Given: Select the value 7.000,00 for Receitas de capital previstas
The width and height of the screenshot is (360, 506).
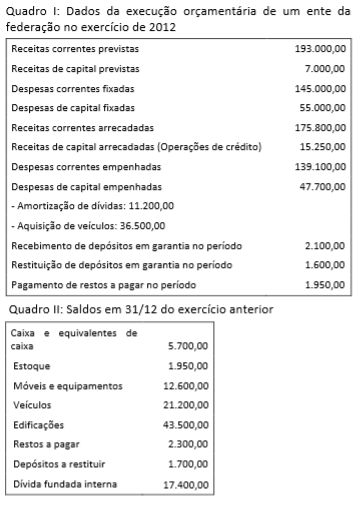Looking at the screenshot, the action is point(326,69).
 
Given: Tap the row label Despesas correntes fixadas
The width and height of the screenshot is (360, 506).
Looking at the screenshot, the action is point(68,89).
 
